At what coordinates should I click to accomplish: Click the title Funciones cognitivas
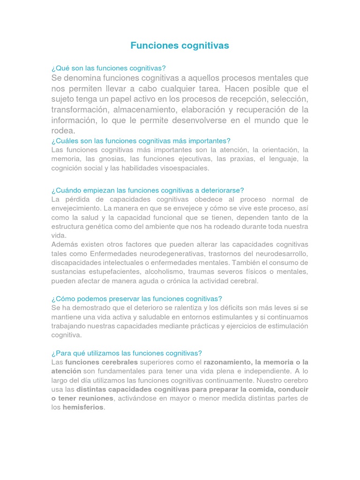tap(180, 45)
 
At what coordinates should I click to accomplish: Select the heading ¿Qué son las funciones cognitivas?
tap(109, 68)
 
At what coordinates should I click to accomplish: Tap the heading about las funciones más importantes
tap(141, 141)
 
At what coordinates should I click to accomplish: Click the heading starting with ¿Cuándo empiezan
tap(148, 190)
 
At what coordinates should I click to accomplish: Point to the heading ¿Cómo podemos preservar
tap(136, 299)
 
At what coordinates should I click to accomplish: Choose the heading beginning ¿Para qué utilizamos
tap(127, 353)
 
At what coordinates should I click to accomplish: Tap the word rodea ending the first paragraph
tap(62, 131)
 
